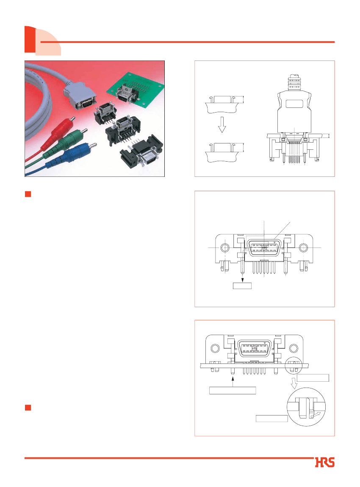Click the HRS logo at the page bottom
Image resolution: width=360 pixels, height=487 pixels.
point(324,462)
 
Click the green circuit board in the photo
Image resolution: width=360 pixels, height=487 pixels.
point(135,91)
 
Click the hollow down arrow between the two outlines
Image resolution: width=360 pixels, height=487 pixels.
point(222,124)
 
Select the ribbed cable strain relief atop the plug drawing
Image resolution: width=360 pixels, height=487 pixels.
point(294,83)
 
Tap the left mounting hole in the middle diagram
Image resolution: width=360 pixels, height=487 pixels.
point(225,248)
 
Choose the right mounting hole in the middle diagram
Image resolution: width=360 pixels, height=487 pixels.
point(303,248)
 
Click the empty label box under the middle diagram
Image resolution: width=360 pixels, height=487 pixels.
point(242,286)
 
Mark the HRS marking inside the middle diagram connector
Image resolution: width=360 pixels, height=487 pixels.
point(264,248)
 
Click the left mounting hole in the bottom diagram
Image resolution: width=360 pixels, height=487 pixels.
point(215,348)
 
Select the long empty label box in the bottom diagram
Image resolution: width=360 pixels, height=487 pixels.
point(233,391)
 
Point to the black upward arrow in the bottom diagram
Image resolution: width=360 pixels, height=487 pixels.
point(233,381)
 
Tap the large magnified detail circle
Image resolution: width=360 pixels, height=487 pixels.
point(306,407)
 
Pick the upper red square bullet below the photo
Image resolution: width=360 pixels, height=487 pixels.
point(28,194)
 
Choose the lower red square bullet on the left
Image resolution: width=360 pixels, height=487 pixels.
point(28,407)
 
